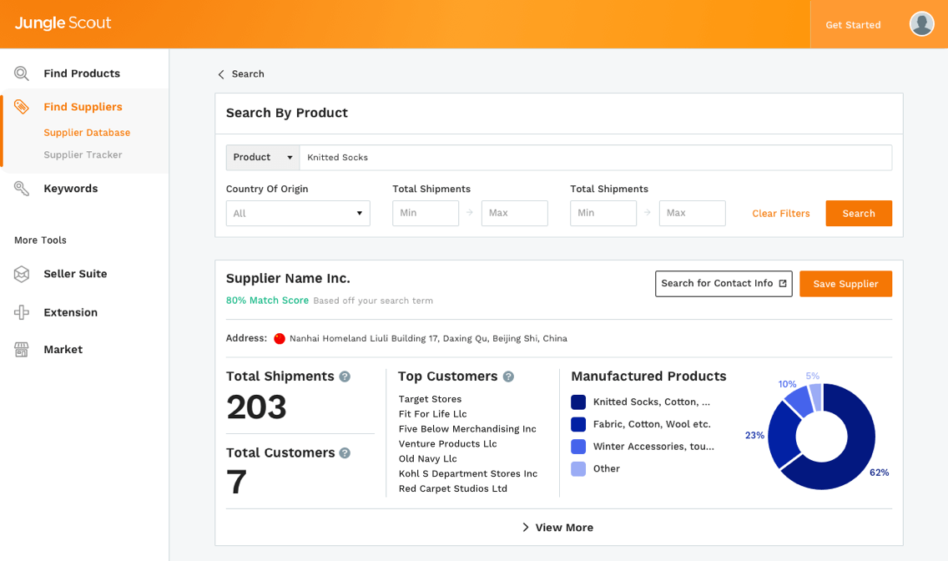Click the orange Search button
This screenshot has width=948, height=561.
click(x=859, y=214)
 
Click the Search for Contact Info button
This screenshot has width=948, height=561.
click(x=724, y=284)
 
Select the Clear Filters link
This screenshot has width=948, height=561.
click(x=780, y=214)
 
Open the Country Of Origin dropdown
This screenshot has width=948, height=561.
click(x=298, y=214)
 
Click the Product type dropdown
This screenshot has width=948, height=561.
click(x=263, y=158)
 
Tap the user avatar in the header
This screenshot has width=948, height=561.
click(x=921, y=24)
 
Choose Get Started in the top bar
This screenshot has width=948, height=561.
click(x=853, y=25)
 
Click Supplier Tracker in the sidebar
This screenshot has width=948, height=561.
click(x=83, y=155)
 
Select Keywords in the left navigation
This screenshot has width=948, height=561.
click(x=70, y=189)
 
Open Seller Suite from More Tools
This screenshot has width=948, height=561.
click(x=75, y=274)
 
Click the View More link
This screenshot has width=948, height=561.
click(x=558, y=528)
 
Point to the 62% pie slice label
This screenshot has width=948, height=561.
click(x=879, y=473)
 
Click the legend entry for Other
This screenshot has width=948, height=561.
click(x=606, y=469)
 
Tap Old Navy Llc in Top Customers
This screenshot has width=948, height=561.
click(x=427, y=459)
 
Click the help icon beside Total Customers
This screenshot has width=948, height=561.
click(x=345, y=453)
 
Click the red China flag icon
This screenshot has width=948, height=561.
click(x=280, y=339)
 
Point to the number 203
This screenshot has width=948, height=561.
click(x=256, y=407)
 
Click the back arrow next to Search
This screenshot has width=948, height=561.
click(x=221, y=74)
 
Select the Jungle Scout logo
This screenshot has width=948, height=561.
click(x=63, y=23)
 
